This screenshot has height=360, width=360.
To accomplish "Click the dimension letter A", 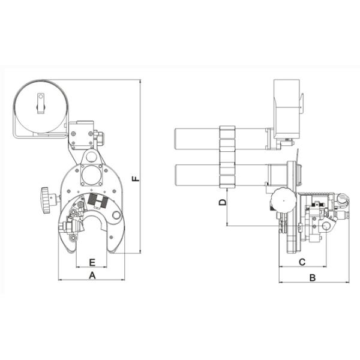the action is click(92, 275).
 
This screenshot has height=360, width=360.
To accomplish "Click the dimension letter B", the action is click(313, 278).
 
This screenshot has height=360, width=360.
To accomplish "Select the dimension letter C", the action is click(302, 262).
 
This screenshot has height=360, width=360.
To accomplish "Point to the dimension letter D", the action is click(223, 202).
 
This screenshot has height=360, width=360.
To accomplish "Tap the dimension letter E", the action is click(92, 262).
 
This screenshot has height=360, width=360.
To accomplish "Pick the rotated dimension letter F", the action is click(136, 178).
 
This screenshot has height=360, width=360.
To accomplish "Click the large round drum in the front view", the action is click(41, 106).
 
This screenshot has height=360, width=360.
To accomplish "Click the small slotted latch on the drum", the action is click(41, 103).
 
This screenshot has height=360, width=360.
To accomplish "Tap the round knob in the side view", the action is click(283, 200).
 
